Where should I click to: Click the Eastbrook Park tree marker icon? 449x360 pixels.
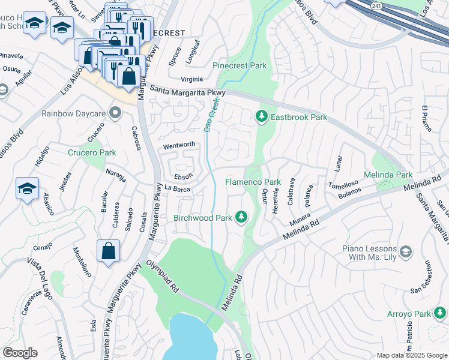click(261, 116)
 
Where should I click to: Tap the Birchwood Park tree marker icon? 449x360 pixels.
click(241, 217)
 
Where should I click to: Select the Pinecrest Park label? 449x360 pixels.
click(240, 66)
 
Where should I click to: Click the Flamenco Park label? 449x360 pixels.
click(253, 182)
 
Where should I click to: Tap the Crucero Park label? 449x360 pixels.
click(91, 152)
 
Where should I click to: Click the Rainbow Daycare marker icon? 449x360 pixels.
click(116, 113)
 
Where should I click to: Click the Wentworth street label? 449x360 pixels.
click(179, 145)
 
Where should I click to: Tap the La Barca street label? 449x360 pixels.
click(177, 189)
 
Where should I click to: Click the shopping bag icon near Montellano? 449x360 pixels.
click(108, 252)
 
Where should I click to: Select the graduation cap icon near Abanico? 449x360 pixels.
click(27, 189)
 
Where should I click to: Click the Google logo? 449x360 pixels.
click(20, 353)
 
